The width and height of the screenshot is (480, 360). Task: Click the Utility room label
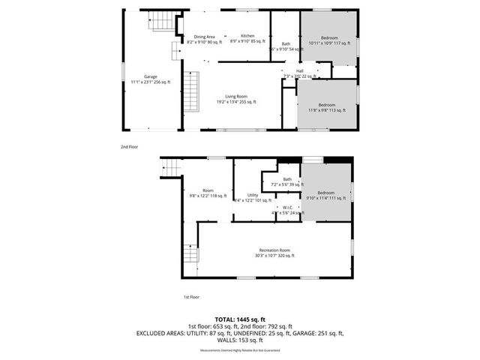(x=253, y=197)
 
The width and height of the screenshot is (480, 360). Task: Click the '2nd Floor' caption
(x=129, y=147)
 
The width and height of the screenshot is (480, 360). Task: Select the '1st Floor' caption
(x=192, y=297)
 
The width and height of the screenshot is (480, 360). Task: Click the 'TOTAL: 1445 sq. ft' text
(x=240, y=319)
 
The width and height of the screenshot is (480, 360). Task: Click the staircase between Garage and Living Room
(x=193, y=91)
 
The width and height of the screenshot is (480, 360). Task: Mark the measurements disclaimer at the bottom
(x=240, y=351)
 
